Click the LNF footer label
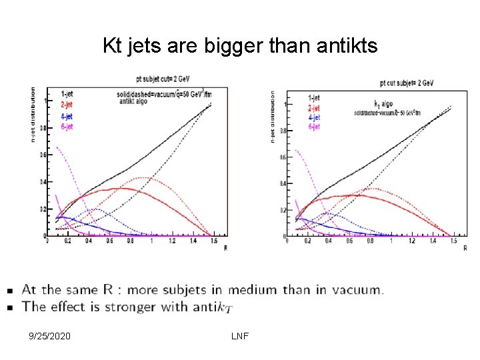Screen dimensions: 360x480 (239, 336)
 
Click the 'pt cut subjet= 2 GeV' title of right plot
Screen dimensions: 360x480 (407, 83)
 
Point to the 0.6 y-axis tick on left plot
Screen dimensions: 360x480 (42, 155)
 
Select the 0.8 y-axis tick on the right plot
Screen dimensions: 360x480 (283, 131)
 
